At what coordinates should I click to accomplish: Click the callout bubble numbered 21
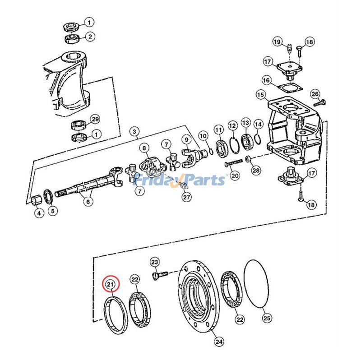tap(110, 285)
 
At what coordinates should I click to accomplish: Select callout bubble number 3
tap(134, 132)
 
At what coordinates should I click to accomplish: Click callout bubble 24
tap(219, 342)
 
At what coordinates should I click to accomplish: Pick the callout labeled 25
tap(267, 318)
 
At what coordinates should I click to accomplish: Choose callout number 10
tap(203, 136)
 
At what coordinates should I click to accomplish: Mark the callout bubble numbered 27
tap(186, 197)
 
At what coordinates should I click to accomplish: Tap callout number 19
tap(278, 42)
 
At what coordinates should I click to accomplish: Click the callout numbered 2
tap(89, 37)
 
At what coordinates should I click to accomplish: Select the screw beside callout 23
tap(161, 274)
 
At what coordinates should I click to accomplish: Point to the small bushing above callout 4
tap(37, 199)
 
